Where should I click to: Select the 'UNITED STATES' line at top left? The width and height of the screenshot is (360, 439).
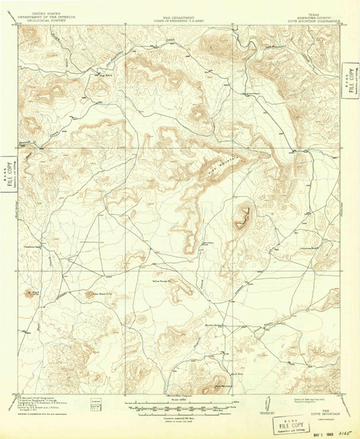(45, 3)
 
